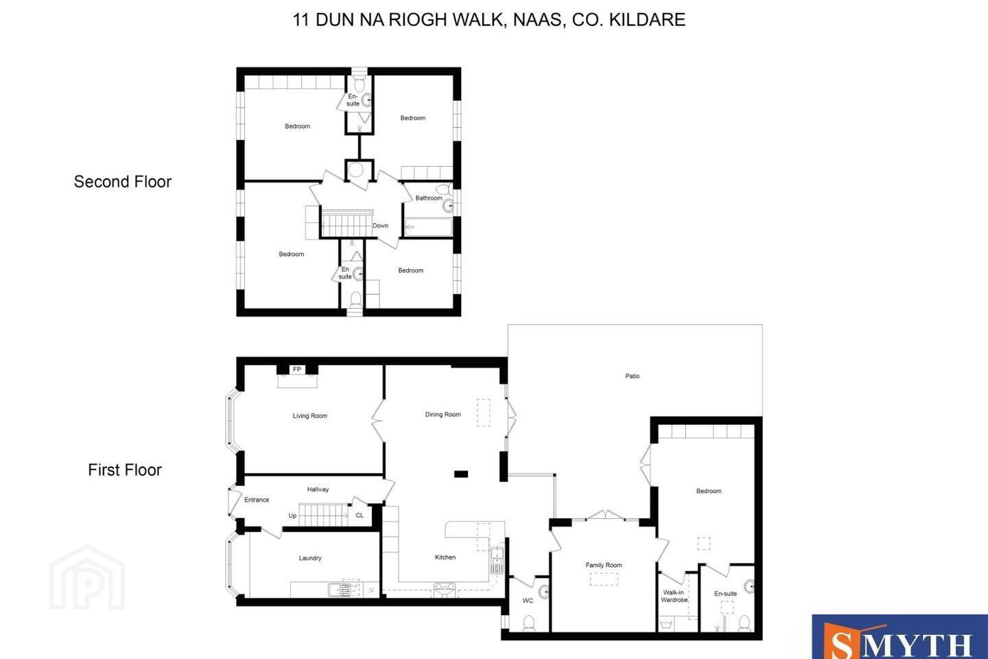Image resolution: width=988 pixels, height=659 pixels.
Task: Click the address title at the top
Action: pos(489,20)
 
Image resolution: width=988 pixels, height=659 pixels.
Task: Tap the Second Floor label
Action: pos(123,181)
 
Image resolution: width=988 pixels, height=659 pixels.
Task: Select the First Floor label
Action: pos(125,470)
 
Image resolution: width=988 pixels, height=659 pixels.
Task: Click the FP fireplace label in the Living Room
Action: pos(297,369)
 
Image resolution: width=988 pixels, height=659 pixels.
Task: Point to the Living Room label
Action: pos(310,416)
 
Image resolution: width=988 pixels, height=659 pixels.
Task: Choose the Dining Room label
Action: pos(443,415)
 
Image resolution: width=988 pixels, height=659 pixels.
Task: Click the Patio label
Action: pos(632,376)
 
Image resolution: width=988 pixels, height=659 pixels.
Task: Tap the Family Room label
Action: pos(603,565)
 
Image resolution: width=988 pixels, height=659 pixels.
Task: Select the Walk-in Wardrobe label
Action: pos(674,597)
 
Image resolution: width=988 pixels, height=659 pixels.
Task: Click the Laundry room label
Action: pos(310,558)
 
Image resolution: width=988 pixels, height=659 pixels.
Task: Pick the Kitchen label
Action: pos(445,557)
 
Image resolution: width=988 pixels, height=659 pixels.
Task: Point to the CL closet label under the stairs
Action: pos(360,515)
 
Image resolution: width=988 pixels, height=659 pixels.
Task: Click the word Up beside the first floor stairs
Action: pos(292,516)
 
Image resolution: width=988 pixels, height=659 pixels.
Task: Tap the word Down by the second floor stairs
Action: pos(380,226)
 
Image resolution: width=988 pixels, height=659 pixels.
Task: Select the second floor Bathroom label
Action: pos(429,198)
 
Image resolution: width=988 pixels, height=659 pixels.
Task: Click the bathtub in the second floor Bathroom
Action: pos(428,227)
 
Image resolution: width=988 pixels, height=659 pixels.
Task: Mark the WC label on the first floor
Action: pos(528,600)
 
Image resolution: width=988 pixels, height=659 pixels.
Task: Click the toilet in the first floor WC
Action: pos(528,623)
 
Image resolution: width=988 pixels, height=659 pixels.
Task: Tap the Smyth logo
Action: pos(899,636)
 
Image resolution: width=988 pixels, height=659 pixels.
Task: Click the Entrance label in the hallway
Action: pos(257,500)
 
